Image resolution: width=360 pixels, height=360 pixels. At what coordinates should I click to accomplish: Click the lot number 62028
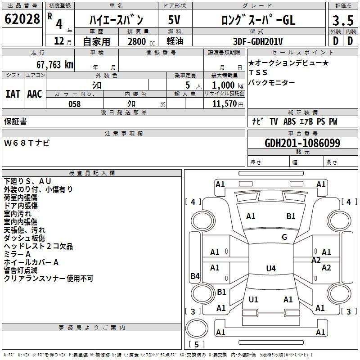click(x=22, y=19)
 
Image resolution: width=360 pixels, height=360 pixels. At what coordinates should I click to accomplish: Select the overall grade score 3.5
click(x=343, y=20)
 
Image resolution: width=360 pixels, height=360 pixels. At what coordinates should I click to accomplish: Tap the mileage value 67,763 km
click(x=55, y=65)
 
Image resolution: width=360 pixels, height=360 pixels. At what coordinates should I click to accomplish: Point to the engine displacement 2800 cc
click(x=141, y=41)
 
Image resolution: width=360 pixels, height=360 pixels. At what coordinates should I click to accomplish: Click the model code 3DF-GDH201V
click(x=258, y=41)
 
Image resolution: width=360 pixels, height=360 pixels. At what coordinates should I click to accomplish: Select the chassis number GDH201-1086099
click(x=302, y=143)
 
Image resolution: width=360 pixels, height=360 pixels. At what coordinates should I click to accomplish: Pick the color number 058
click(x=75, y=104)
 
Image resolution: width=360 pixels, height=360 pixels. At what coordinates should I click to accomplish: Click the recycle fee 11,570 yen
click(x=228, y=104)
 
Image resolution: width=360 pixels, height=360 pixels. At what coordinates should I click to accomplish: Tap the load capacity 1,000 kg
click(x=228, y=85)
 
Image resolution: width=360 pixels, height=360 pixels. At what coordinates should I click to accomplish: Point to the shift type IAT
click(x=13, y=94)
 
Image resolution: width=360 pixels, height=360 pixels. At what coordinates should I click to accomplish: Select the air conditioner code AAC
click(x=35, y=94)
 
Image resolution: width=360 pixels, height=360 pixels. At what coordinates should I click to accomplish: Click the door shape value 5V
click(x=174, y=20)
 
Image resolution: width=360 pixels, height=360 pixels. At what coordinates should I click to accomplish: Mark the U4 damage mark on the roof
click(x=271, y=268)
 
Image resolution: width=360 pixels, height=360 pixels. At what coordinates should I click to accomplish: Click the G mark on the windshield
click(x=284, y=237)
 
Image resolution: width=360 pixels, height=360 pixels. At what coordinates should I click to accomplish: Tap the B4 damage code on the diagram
click(x=195, y=276)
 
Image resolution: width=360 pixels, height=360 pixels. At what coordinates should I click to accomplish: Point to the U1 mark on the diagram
click(x=253, y=299)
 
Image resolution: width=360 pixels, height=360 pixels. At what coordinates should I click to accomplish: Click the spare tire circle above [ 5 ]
click(x=197, y=328)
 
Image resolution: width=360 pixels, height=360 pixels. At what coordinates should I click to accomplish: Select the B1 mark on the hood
click(x=291, y=216)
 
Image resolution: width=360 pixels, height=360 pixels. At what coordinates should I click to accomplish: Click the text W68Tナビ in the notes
click(x=27, y=143)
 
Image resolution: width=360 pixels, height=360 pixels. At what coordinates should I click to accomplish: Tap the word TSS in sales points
click(x=258, y=72)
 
